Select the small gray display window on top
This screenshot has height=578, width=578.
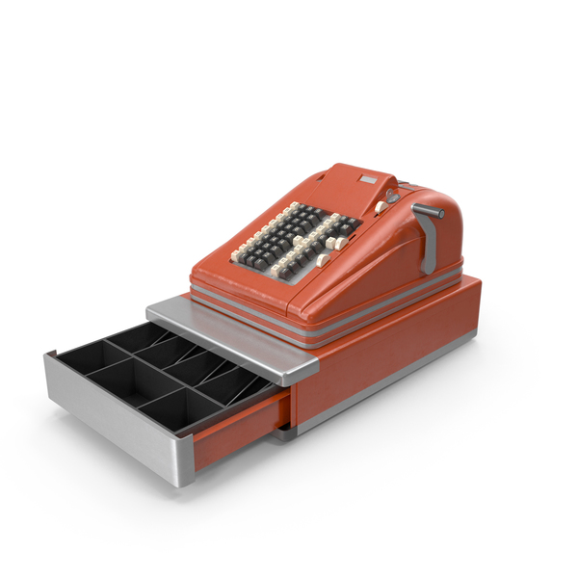(x=367, y=180)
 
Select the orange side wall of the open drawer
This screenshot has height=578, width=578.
(x=241, y=433)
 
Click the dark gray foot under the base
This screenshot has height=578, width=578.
(x=283, y=434)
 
